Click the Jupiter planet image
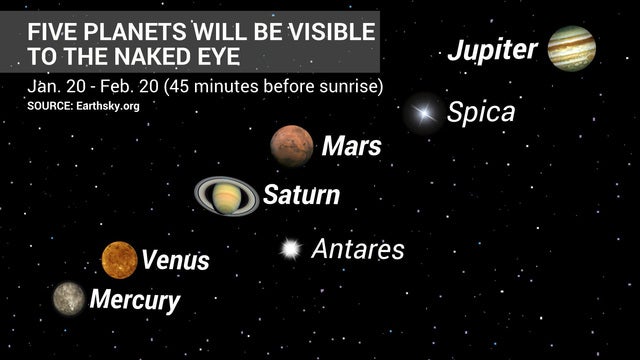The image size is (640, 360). pyautogui.click(x=572, y=47)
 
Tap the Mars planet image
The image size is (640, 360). pyautogui.click(x=292, y=146)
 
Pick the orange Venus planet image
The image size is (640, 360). pyautogui.click(x=119, y=259)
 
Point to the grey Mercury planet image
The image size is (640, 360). pyautogui.click(x=69, y=297)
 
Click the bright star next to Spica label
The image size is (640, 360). pyautogui.click(x=424, y=113)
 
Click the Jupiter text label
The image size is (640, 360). pyautogui.click(x=492, y=50)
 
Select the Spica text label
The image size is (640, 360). pyautogui.click(x=481, y=112)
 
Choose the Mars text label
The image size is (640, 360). pyautogui.click(x=351, y=147)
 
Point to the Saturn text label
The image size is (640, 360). pyautogui.click(x=301, y=195)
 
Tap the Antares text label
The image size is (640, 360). pyautogui.click(x=357, y=249)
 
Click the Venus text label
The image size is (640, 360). pyautogui.click(x=176, y=261)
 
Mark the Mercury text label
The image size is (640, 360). pyautogui.click(x=135, y=299)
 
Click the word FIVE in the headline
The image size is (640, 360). pyautogui.click(x=50, y=29)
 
